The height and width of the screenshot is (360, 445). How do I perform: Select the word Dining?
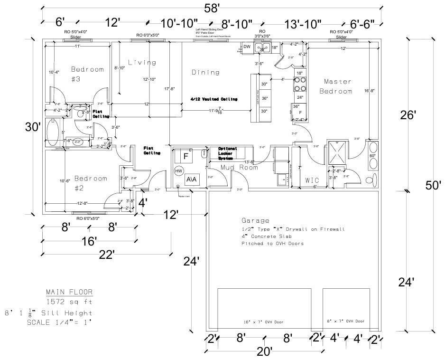(205, 73)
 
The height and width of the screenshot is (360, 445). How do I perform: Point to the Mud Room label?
(239, 167)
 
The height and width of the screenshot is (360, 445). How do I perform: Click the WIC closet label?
(312, 180)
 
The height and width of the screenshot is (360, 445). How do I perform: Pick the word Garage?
(255, 221)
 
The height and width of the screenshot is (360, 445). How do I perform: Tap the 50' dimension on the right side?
(433, 185)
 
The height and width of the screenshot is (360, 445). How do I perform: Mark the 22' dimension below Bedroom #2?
(107, 255)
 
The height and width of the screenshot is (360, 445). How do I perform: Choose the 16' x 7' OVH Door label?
(264, 322)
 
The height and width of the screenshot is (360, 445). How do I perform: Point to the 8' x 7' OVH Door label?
(345, 322)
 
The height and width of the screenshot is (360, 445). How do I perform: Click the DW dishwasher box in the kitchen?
(247, 47)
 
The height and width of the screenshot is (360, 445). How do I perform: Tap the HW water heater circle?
(179, 171)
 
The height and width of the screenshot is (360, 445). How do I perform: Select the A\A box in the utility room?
(193, 180)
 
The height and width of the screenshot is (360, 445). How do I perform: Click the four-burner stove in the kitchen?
(300, 84)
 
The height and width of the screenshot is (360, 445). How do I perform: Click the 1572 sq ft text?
(69, 302)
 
